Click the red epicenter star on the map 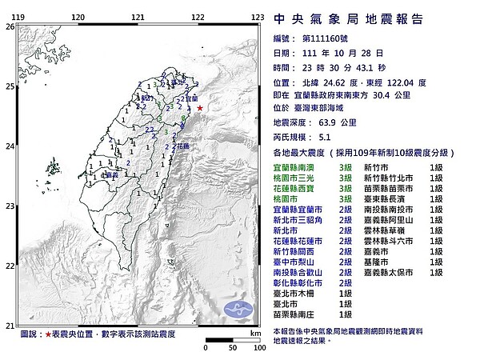tap(200, 108)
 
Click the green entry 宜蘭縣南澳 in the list tap(297, 166)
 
